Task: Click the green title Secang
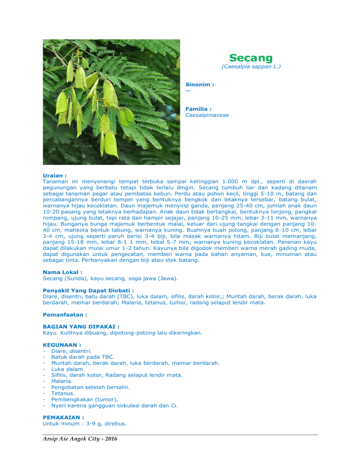(251, 58)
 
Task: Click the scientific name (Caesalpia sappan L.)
(251, 67)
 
